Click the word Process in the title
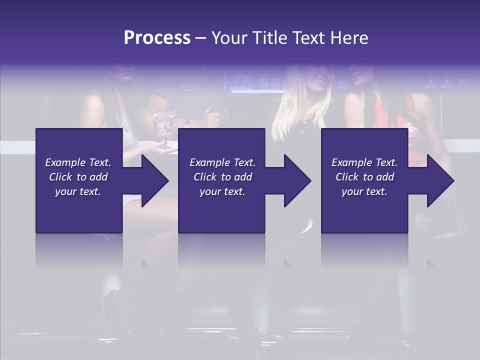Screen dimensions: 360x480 [157, 38]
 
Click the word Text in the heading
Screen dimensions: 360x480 [310, 38]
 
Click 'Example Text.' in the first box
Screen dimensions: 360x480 [78, 162]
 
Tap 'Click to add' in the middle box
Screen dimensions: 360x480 [222, 177]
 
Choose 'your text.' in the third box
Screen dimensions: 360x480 [364, 191]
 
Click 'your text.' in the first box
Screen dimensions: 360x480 [78, 191]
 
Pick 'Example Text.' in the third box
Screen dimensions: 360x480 [364, 162]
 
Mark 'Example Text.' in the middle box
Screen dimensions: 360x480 [222, 162]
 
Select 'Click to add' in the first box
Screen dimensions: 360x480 [78, 177]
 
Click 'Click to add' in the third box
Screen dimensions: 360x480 [364, 177]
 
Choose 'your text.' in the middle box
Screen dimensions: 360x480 [222, 191]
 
